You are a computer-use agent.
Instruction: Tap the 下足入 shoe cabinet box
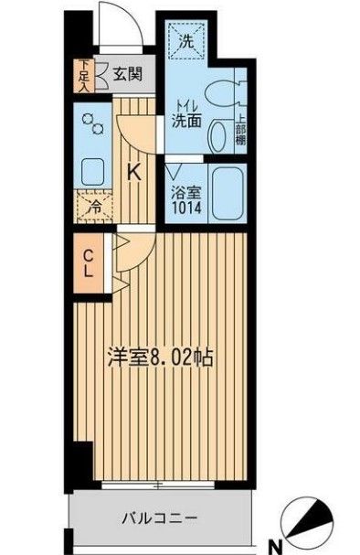tap(84, 76)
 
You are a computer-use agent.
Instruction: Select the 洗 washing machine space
tap(186, 42)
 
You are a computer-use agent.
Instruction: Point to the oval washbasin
tap(217, 136)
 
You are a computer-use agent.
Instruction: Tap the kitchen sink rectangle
tap(93, 171)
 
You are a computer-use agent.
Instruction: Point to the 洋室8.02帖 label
tap(163, 356)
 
